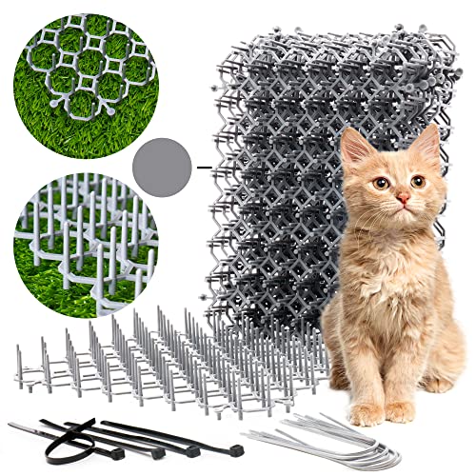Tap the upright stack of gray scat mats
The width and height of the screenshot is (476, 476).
[267, 162]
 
